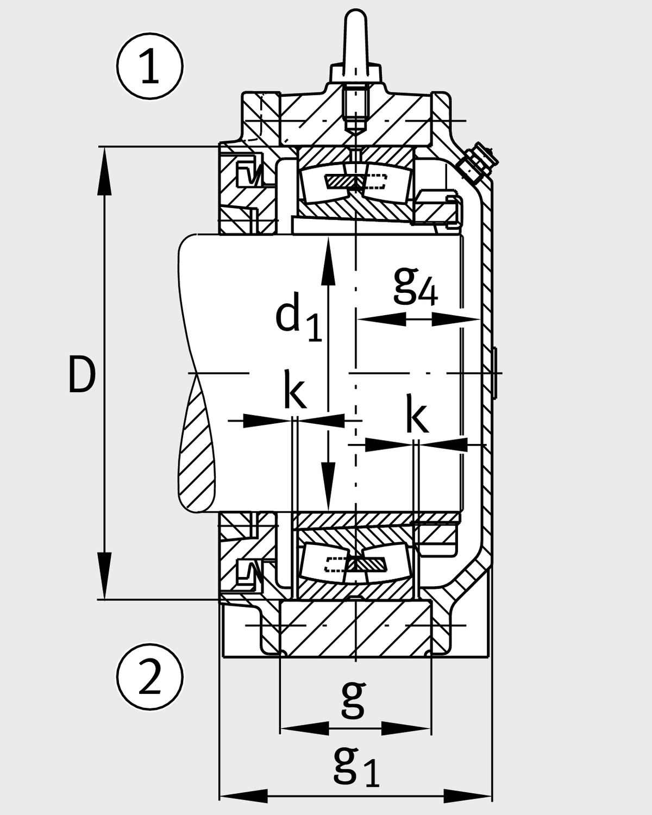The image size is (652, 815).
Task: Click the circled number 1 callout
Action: tap(149, 66)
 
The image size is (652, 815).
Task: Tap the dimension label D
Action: tap(82, 374)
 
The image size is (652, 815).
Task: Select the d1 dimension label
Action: tap(299, 317)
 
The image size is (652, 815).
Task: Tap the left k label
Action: tap(294, 390)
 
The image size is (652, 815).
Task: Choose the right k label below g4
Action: tap(417, 413)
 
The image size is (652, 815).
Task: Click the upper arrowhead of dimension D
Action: tap(104, 171)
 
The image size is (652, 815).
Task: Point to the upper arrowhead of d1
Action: tap(328, 261)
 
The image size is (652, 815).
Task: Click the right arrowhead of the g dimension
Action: tap(406, 729)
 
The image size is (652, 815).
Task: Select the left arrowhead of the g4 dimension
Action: tap(381, 319)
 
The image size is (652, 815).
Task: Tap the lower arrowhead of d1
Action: tap(328, 486)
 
